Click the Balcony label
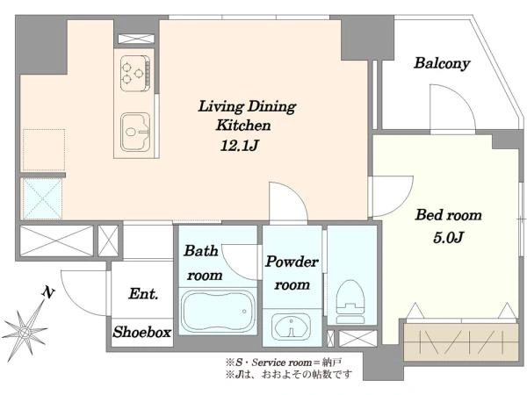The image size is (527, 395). (442, 63)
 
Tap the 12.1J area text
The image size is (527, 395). (239, 146)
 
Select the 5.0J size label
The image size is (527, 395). (448, 238)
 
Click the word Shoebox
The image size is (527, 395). (142, 332)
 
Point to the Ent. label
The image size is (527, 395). (143, 293)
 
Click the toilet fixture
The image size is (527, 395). (350, 302)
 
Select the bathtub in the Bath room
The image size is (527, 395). (219, 311)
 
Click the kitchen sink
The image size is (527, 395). (135, 132)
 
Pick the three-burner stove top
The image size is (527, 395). (134, 73)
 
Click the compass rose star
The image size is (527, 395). (25, 332)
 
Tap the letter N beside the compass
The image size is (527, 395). (48, 292)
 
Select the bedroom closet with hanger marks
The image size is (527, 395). (461, 342)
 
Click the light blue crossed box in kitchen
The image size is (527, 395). (42, 198)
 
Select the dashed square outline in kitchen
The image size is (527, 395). (44, 150)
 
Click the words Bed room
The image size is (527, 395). (448, 215)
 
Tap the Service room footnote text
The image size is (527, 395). (284, 363)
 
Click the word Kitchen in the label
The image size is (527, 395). (243, 126)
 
